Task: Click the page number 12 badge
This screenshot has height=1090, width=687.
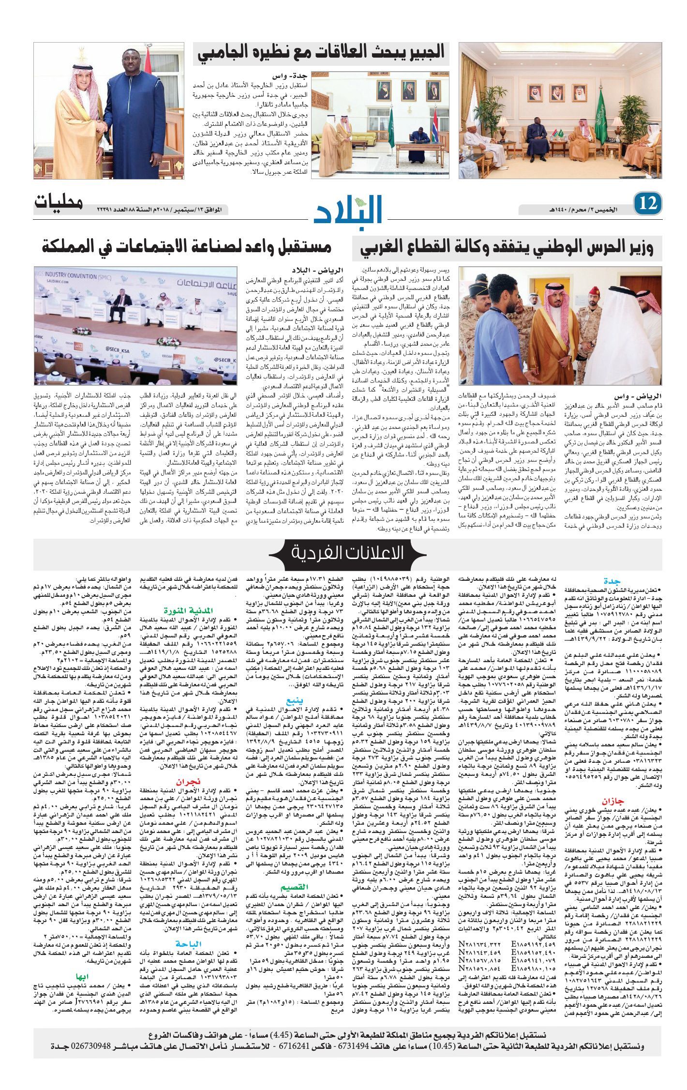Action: pos(648,204)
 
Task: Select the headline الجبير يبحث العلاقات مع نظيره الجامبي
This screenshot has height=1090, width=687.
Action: pos(321,54)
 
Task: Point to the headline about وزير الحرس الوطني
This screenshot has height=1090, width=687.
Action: pos(507,248)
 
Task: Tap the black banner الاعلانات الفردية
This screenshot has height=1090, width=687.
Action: pos(347,552)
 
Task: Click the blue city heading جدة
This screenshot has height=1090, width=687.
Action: pos(612,581)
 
